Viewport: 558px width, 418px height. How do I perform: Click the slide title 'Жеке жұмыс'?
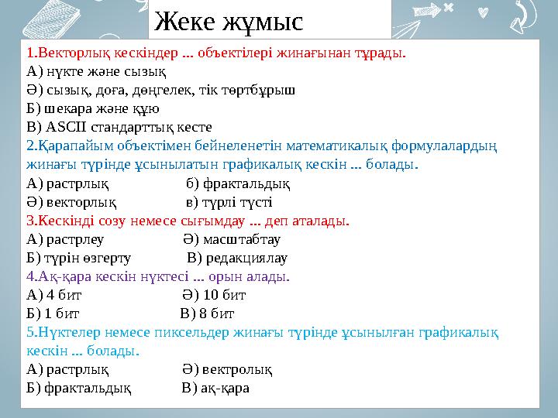pyautogui.click(x=228, y=21)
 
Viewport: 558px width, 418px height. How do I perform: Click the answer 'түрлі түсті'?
pyautogui.click(x=236, y=202)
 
